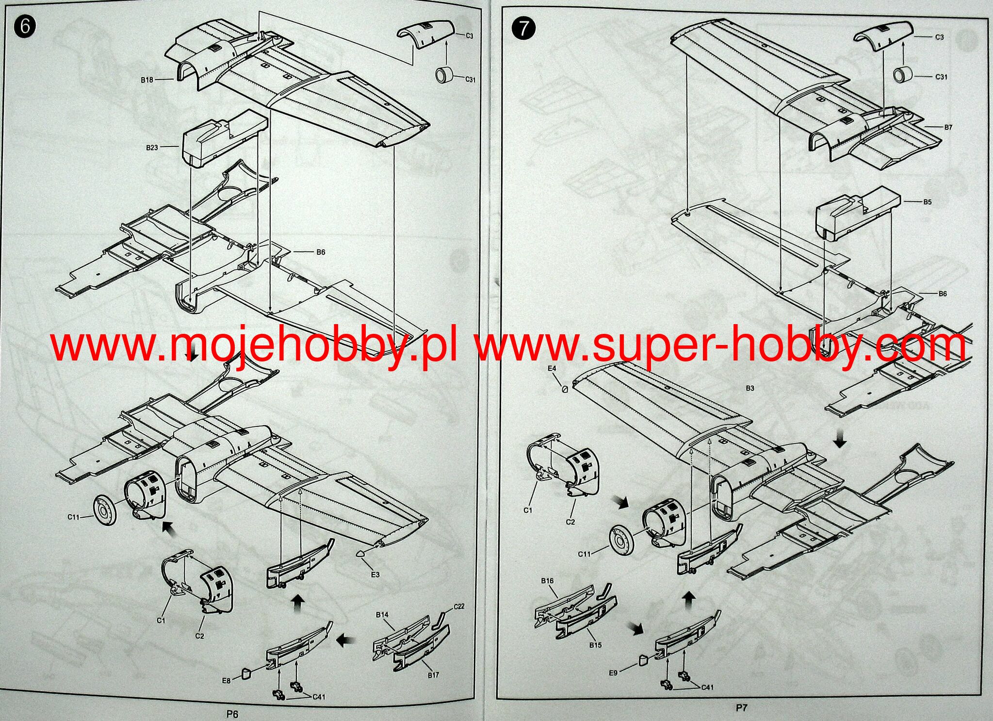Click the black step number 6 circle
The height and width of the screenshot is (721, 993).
click(25, 26)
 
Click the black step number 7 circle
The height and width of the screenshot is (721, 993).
click(523, 29)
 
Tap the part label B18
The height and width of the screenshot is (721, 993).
click(147, 80)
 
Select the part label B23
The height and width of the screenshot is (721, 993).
click(152, 147)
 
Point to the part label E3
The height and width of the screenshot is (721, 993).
click(375, 574)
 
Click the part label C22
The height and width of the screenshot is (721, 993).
click(459, 606)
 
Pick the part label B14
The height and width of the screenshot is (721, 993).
click(382, 614)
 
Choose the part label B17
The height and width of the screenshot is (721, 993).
click(433, 675)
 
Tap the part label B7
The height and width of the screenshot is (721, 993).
click(948, 127)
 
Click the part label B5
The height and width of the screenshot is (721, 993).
click(927, 202)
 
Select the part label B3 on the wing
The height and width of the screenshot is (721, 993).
click(750, 388)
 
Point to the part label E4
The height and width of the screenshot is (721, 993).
click(552, 368)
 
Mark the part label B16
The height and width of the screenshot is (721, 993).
click(547, 580)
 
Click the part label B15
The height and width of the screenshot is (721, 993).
click(595, 645)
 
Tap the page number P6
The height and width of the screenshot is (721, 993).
click(232, 714)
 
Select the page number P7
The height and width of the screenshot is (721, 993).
click(741, 708)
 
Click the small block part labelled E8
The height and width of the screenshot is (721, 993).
click(246, 673)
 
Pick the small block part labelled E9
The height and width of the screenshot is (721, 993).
click(643, 658)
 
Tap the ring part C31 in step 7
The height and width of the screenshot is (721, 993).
click(903, 75)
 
